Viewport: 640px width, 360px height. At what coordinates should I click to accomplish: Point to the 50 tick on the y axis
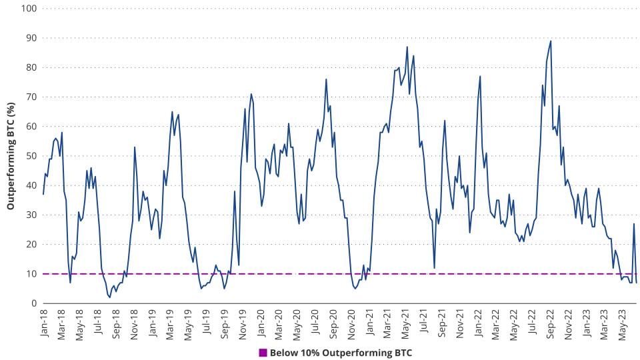click(x=30, y=156)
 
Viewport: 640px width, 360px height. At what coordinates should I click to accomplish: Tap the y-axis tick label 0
click(x=33, y=303)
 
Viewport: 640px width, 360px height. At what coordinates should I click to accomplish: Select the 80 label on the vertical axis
click(x=30, y=67)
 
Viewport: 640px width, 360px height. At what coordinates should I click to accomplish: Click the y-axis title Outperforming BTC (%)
click(x=11, y=156)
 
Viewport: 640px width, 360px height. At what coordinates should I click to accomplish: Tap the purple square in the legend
click(x=263, y=353)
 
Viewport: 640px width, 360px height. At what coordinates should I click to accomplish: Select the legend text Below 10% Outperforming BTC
click(x=341, y=353)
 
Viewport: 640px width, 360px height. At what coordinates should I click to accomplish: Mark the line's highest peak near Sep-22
click(x=551, y=41)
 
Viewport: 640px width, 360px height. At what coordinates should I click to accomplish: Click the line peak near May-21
click(x=407, y=47)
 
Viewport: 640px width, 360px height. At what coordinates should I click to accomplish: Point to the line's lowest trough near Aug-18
click(x=110, y=297)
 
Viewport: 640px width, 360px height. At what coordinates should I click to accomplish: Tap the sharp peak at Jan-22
click(x=480, y=76)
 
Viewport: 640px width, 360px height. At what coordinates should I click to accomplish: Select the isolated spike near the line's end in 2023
click(x=634, y=223)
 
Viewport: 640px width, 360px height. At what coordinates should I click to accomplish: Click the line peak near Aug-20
click(x=326, y=79)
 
